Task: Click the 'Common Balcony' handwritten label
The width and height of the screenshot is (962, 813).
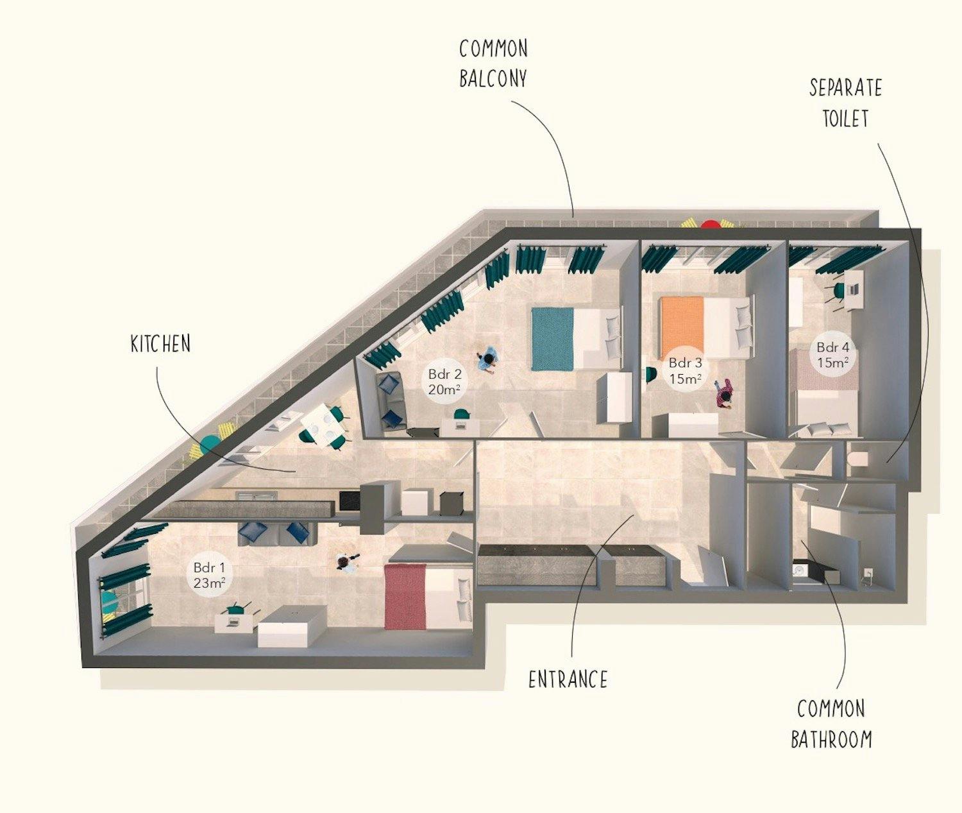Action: pyautogui.click(x=493, y=64)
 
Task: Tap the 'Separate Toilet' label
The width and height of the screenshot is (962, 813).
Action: pyautogui.click(x=845, y=103)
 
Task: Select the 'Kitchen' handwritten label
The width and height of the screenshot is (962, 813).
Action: pyautogui.click(x=160, y=344)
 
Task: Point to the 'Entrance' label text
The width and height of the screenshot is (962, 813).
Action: pyautogui.click(x=568, y=679)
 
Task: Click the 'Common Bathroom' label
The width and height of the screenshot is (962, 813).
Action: pyautogui.click(x=831, y=724)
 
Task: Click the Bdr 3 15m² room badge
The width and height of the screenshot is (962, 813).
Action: pyautogui.click(x=685, y=371)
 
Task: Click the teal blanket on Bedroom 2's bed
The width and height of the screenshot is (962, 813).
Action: pyautogui.click(x=552, y=339)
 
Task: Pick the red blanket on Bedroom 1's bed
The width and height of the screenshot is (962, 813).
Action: pyautogui.click(x=405, y=596)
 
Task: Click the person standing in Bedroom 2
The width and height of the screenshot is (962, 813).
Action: pyautogui.click(x=488, y=361)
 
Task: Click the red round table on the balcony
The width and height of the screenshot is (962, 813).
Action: pyautogui.click(x=710, y=225)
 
